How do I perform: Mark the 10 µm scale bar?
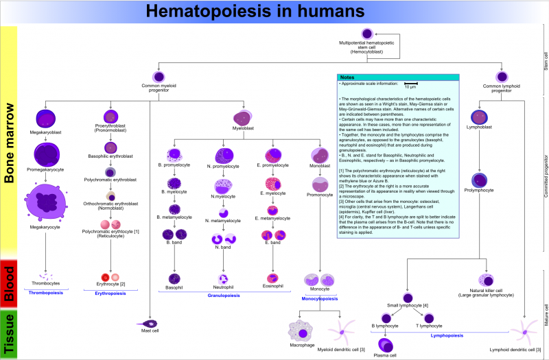click(x=410, y=84)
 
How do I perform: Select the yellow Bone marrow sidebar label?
click(x=9, y=144)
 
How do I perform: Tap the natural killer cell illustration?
click(x=486, y=280)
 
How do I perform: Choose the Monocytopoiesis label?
click(x=320, y=299)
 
